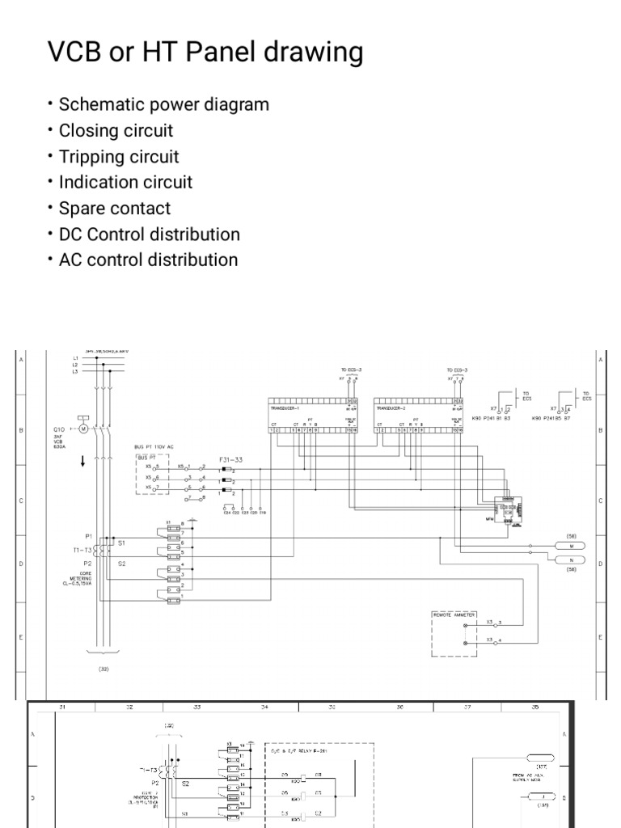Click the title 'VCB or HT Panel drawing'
pyautogui.click(x=205, y=53)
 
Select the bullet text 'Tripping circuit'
pyautogui.click(x=119, y=157)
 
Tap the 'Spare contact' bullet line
pyautogui.click(x=115, y=209)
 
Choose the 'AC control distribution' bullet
pyautogui.click(x=149, y=260)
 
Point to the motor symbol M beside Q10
pyautogui.click(x=82, y=429)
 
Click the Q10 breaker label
pyautogui.click(x=59, y=429)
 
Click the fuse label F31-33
pyautogui.click(x=230, y=459)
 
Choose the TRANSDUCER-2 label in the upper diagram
pyautogui.click(x=394, y=409)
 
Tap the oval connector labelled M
pyautogui.click(x=571, y=546)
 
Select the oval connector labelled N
pyautogui.click(x=571, y=560)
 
